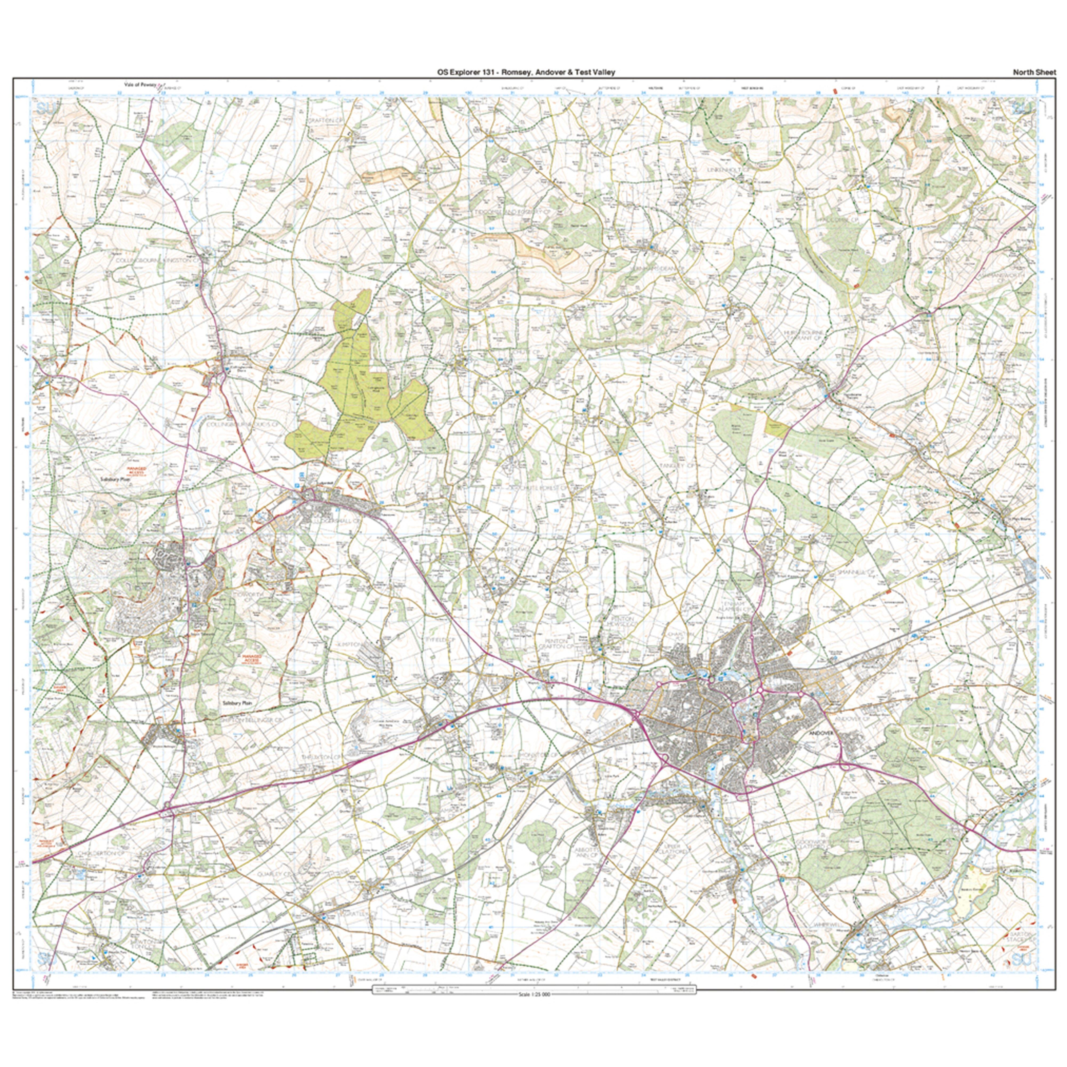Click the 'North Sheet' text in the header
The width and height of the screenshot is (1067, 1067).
[1034, 72]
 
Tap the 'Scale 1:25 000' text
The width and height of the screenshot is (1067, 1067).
[533, 995]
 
